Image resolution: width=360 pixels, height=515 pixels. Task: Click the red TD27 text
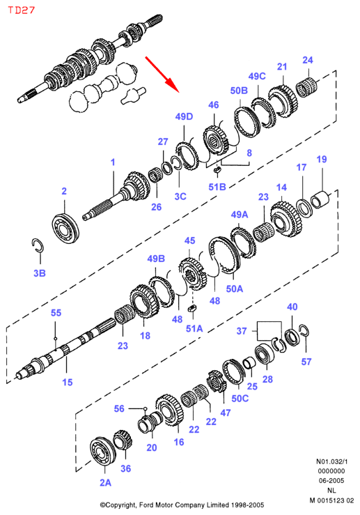click(22, 10)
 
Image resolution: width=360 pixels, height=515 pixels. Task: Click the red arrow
click(162, 75)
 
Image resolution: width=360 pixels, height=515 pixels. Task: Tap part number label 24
click(308, 60)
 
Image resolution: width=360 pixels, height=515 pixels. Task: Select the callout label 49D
click(184, 116)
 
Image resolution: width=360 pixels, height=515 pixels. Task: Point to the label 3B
click(40, 273)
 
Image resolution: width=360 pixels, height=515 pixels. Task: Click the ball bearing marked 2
click(65, 228)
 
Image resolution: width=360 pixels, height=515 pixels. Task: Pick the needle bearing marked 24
click(307, 86)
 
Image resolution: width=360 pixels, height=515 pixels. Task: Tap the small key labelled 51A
click(192, 309)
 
